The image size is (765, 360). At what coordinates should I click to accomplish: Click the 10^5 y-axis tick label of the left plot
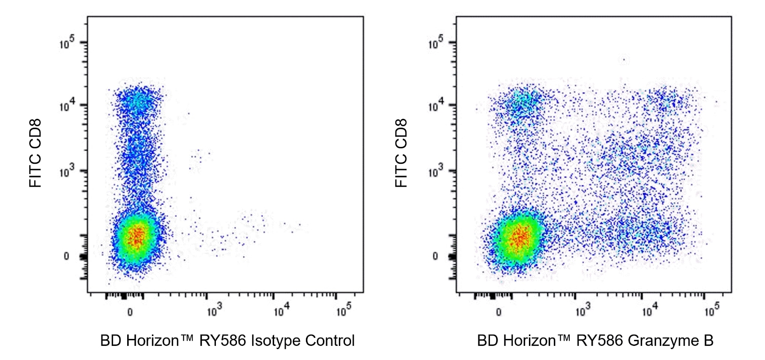pos(67,44)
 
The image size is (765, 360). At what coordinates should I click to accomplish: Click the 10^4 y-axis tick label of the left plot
pos(67,107)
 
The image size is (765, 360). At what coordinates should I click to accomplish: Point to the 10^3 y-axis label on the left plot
pos(67,172)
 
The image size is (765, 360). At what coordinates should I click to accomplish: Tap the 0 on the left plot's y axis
pos(66,256)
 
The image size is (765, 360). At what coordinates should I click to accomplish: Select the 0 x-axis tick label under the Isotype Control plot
pos(130,312)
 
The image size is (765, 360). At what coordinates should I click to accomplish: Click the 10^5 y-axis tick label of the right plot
pos(436,44)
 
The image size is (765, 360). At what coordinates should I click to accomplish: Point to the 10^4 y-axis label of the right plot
pos(436,107)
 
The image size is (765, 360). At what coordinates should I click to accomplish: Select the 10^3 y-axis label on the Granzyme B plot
pos(436,172)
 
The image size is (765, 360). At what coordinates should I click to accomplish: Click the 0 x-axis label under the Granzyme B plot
pos(498,312)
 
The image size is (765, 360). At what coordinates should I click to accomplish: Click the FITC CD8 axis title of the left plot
pos(36,153)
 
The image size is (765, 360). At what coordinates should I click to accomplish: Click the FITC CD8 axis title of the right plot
pos(401,153)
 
